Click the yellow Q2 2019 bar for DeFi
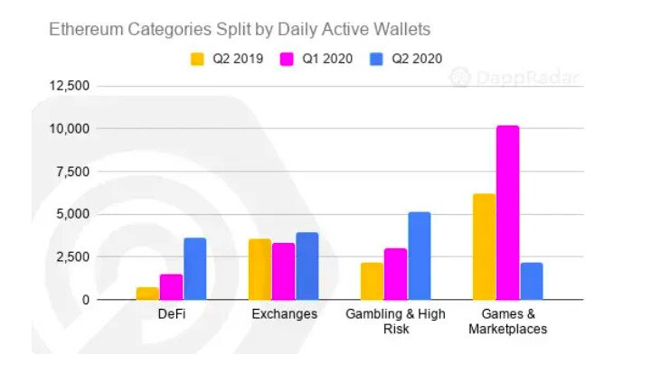[147, 294]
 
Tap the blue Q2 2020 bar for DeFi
[195, 269]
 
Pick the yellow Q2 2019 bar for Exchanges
[260, 269]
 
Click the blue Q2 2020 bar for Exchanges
[307, 266]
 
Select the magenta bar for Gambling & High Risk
[395, 275]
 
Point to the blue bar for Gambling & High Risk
[419, 256]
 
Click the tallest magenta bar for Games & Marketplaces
[507, 213]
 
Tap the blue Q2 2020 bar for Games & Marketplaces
[532, 282]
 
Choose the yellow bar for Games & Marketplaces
[484, 247]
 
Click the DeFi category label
[171, 314]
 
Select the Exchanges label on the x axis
[283, 314]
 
